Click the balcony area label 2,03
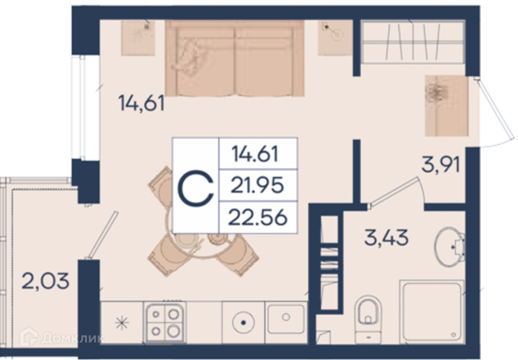point(45,281)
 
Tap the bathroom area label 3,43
point(386,237)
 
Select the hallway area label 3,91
point(440,164)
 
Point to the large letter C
point(196,188)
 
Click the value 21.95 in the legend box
point(257,185)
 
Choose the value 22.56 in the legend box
point(257,218)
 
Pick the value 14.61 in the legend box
point(255,154)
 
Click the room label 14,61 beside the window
point(142,103)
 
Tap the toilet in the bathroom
point(368,319)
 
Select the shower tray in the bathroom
point(433,312)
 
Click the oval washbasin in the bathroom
point(449,246)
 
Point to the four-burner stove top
point(165,322)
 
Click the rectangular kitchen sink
point(286,319)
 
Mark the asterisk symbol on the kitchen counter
point(122,323)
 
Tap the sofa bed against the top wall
point(235,58)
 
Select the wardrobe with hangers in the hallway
point(413,41)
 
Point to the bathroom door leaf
point(393,193)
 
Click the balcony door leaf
point(102,235)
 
